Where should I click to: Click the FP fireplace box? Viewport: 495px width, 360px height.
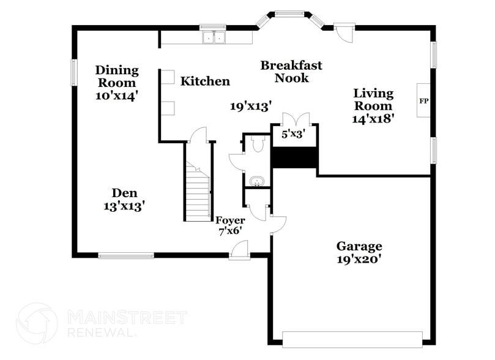tap(423, 99)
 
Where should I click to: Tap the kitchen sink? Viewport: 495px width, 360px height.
tap(214, 38)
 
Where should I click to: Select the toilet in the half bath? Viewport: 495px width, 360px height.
tap(258, 144)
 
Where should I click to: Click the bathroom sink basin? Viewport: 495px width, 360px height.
tap(257, 181)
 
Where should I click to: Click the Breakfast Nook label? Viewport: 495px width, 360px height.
tap(291, 72)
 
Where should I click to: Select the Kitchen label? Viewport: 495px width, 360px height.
tap(205, 81)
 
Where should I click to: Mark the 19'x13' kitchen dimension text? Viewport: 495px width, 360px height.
tap(251, 107)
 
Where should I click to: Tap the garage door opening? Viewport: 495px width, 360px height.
tap(352, 339)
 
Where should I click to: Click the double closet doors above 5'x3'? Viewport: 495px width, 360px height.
tap(294, 119)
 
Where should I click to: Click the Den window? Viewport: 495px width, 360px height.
tap(126, 255)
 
